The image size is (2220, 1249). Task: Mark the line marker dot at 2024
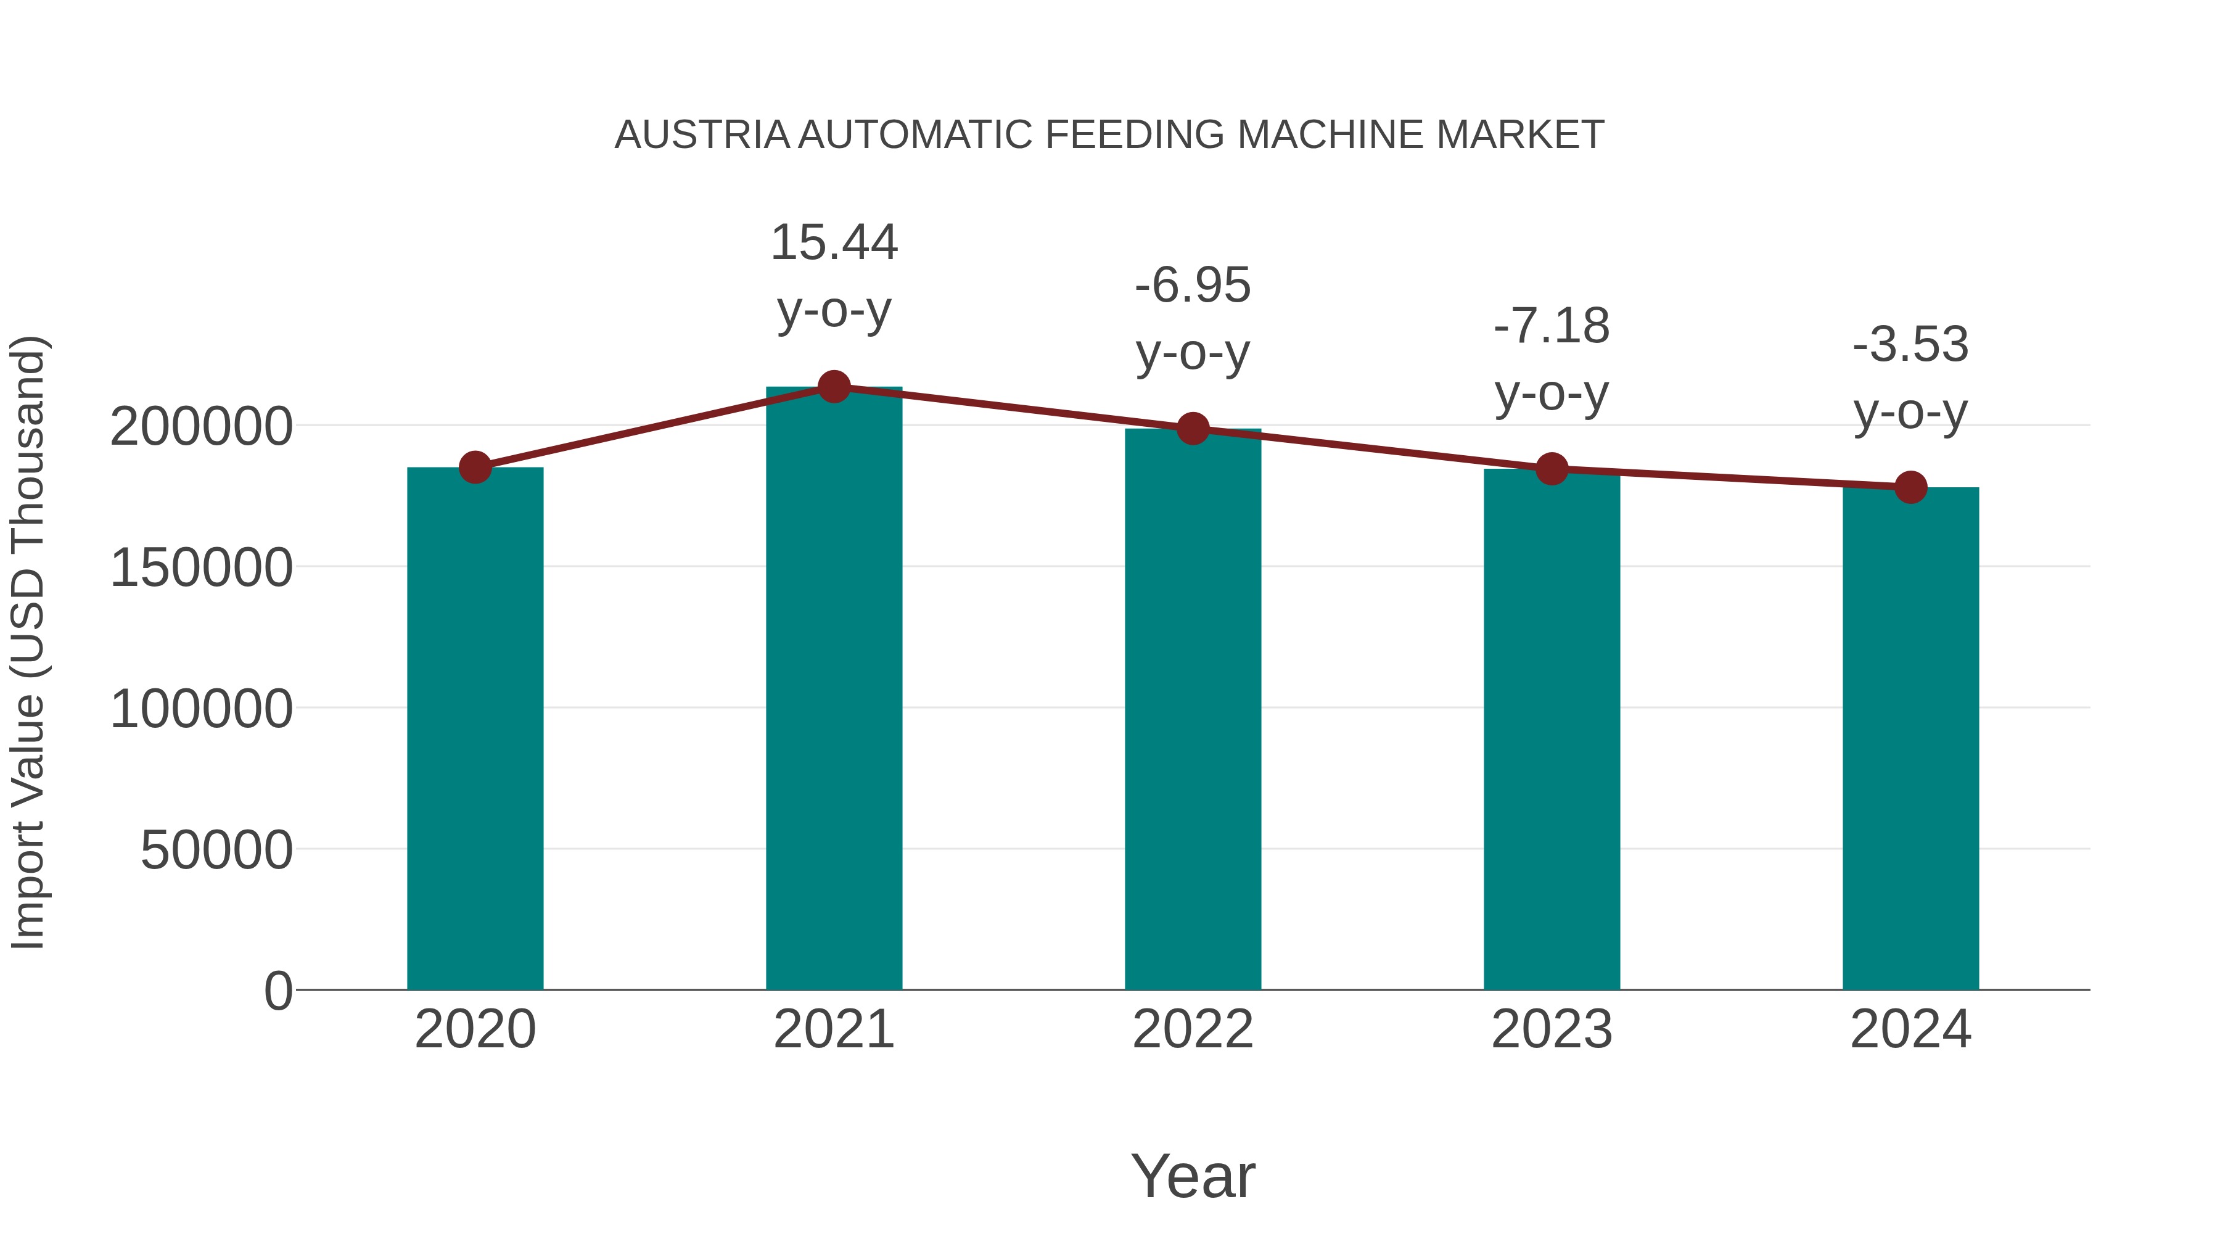(1910, 487)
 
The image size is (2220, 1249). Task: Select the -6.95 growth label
(1193, 318)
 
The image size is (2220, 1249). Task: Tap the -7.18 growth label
(1552, 360)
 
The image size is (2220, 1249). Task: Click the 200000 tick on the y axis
(201, 427)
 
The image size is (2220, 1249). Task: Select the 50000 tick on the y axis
(216, 851)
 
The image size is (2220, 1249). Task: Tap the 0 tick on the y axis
(277, 991)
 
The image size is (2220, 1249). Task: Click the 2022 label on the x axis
(1193, 1029)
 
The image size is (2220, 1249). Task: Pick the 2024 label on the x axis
(1910, 1029)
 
